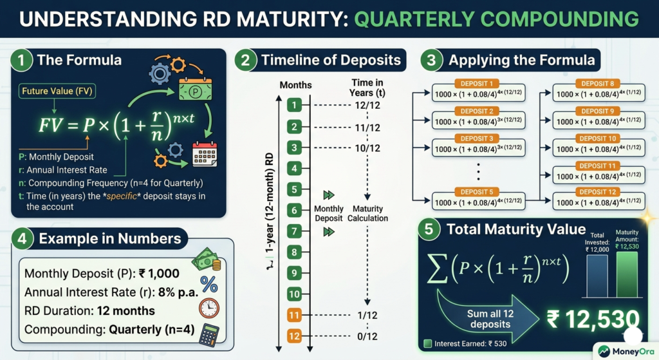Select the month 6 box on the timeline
(x=293, y=210)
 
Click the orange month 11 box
(x=293, y=316)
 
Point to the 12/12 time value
(x=367, y=105)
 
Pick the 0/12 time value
(x=367, y=337)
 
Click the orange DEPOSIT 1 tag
(x=476, y=84)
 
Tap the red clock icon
(x=209, y=308)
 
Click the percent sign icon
(x=209, y=283)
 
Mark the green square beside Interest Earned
(x=427, y=343)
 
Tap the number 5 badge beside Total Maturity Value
(x=430, y=230)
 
